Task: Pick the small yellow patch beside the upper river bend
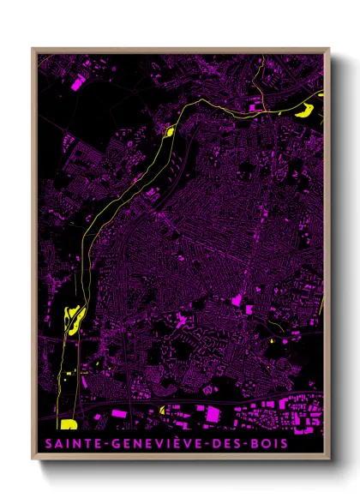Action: [169, 131]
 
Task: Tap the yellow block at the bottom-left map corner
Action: [67, 423]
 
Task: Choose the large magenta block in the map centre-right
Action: [237, 301]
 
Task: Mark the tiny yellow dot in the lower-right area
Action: [270, 342]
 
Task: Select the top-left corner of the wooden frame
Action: [33, 49]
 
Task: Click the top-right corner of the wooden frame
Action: [328, 49]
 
